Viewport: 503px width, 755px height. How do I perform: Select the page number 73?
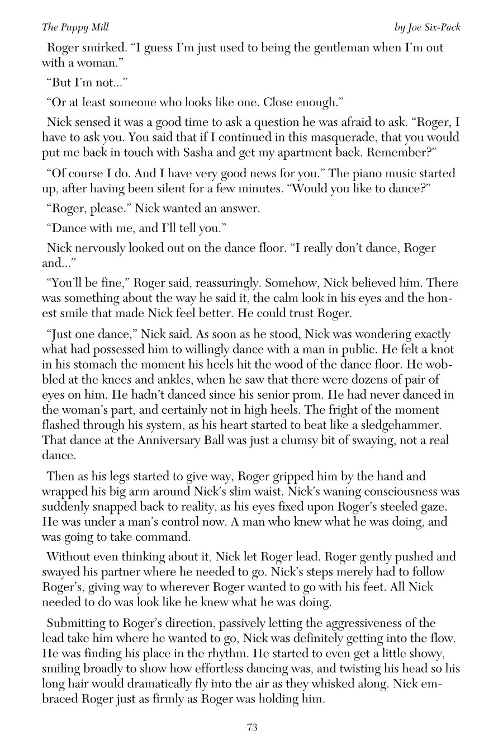[x=251, y=727]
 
